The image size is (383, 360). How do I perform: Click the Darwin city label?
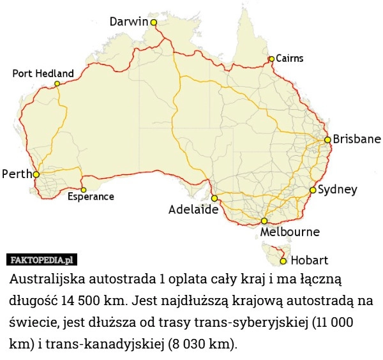pyautogui.click(x=129, y=22)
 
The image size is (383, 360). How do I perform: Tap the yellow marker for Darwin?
pyautogui.click(x=153, y=22)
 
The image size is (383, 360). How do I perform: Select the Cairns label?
pyautogui.click(x=289, y=58)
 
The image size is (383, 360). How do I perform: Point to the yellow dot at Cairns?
pyautogui.click(x=271, y=59)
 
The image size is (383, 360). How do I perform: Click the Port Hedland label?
pyautogui.click(x=43, y=73)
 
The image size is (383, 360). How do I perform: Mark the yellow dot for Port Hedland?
pyautogui.click(x=57, y=84)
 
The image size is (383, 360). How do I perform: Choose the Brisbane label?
pyautogui.click(x=357, y=139)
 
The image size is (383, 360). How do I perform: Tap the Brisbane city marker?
pyautogui.click(x=327, y=139)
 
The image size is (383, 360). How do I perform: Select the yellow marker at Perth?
pyautogui.click(x=36, y=174)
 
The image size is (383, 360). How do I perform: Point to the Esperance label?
pyautogui.click(x=91, y=197)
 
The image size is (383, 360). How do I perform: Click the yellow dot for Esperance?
pyautogui.click(x=84, y=190)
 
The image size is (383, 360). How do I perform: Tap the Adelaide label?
pyautogui.click(x=193, y=209)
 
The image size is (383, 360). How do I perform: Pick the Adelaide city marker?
pyautogui.click(x=214, y=199)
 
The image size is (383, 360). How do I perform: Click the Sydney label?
pyautogui.click(x=337, y=190)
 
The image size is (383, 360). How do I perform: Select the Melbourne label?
pyautogui.click(x=290, y=232)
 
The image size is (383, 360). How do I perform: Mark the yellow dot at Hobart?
pyautogui.click(x=283, y=261)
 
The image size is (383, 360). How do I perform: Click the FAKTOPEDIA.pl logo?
pyautogui.click(x=41, y=260)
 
